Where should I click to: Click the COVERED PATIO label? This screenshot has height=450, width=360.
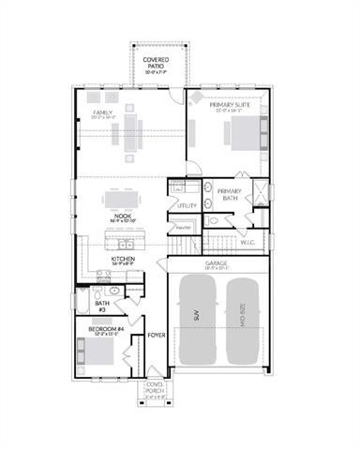point(156,61)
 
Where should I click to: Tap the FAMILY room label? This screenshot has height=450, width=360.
point(102,112)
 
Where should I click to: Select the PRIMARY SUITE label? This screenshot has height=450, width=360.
point(229,106)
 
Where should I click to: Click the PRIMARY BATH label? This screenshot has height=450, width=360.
point(230,195)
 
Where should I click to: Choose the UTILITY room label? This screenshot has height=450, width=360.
point(186,204)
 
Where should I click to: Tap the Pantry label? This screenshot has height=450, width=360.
point(184,228)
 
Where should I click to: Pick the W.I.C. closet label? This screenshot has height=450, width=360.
point(247,243)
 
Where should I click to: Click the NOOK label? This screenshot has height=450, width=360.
point(122,216)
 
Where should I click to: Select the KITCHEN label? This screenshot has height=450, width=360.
point(124,259)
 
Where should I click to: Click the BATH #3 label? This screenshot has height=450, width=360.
point(102,306)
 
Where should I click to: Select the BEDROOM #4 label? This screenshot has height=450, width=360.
point(102,331)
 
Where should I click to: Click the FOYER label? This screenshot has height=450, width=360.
point(156,333)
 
